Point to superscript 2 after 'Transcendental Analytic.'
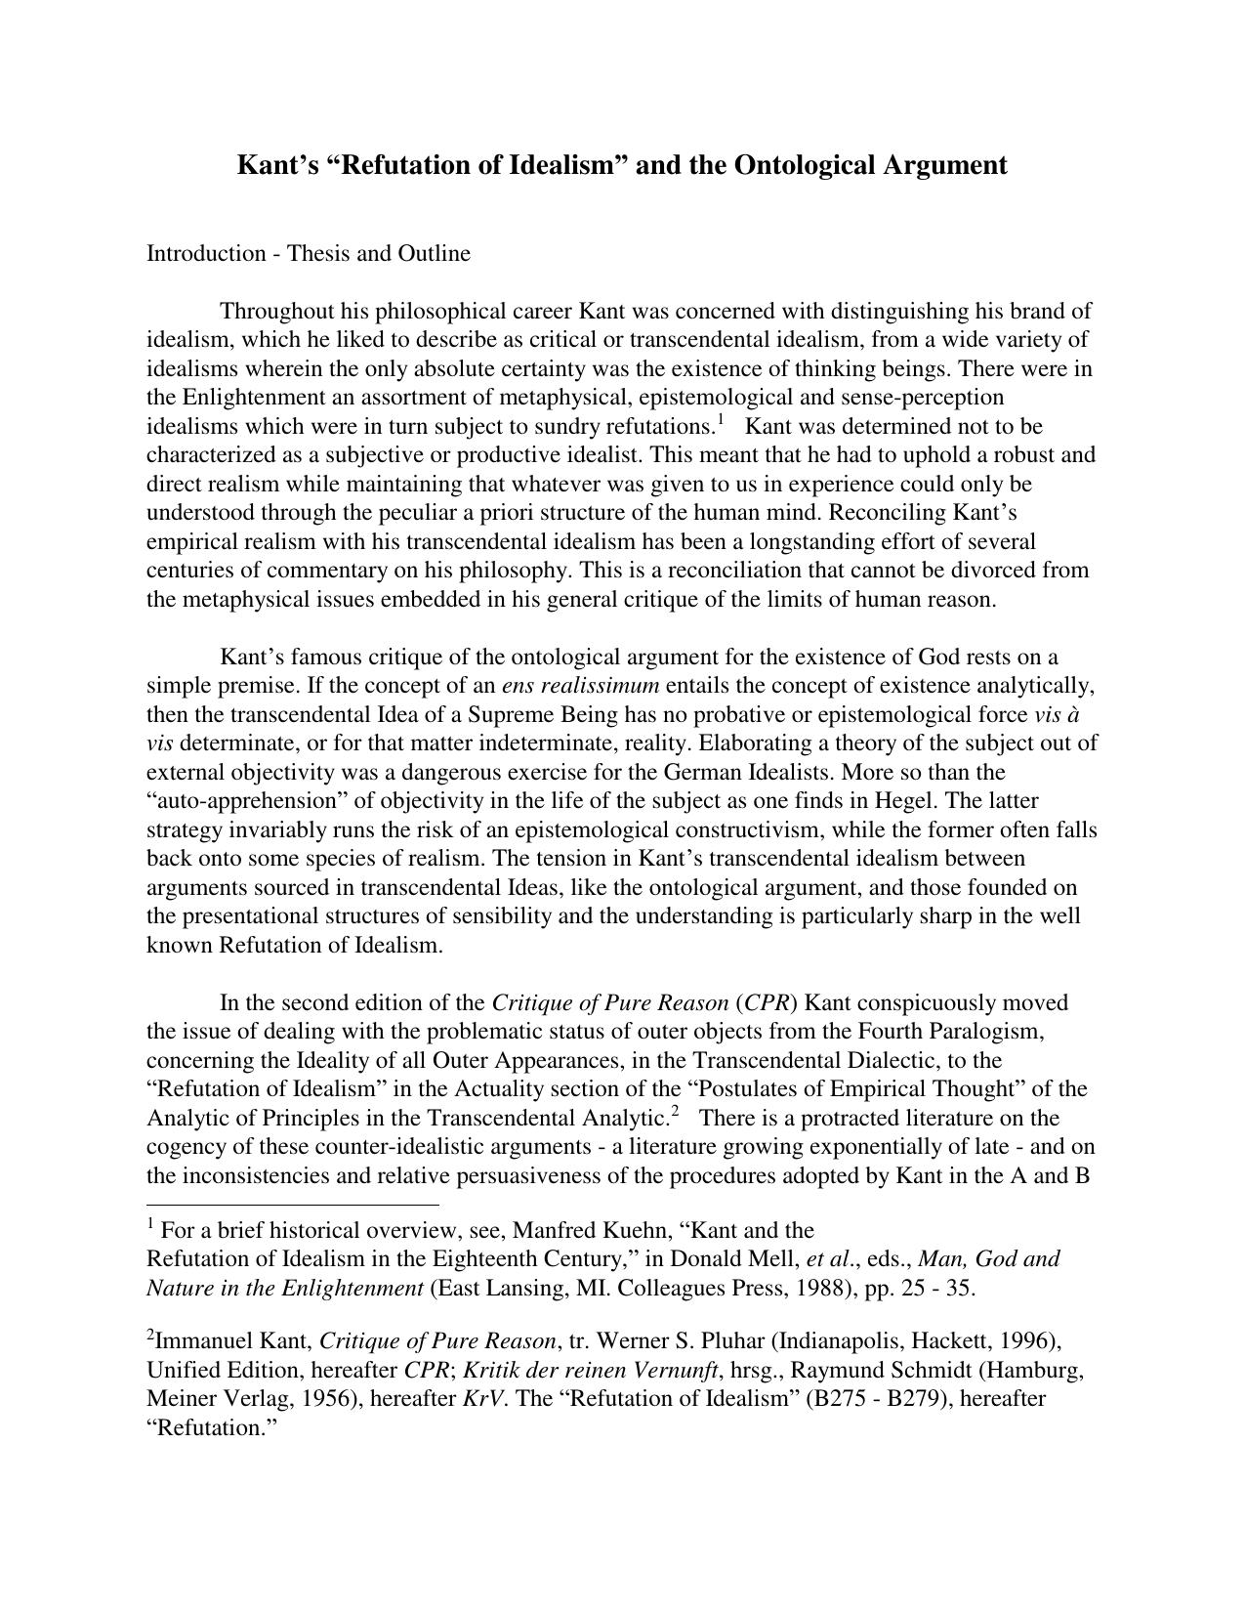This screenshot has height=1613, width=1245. [x=675, y=1112]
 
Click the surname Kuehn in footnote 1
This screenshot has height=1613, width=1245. [x=633, y=1230]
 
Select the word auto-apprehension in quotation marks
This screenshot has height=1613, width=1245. [x=239, y=801]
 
